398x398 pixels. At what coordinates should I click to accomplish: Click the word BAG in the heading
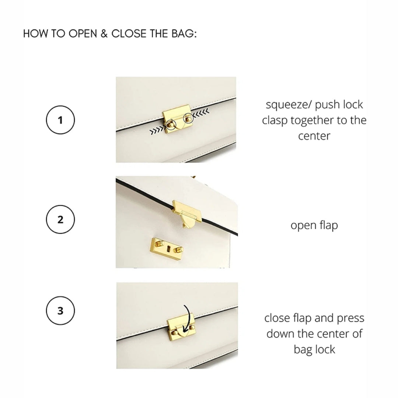point(183,34)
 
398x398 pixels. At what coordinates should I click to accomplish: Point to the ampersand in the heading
point(104,34)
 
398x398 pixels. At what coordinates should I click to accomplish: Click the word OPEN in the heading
point(83,34)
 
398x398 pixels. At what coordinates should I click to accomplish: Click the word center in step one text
point(314,136)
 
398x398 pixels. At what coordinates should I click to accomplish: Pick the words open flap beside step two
point(314,226)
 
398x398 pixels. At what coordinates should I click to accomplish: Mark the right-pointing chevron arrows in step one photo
point(158,130)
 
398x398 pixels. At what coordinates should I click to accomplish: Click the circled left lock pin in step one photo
point(171,125)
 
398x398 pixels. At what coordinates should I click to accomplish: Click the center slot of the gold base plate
point(168,249)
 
